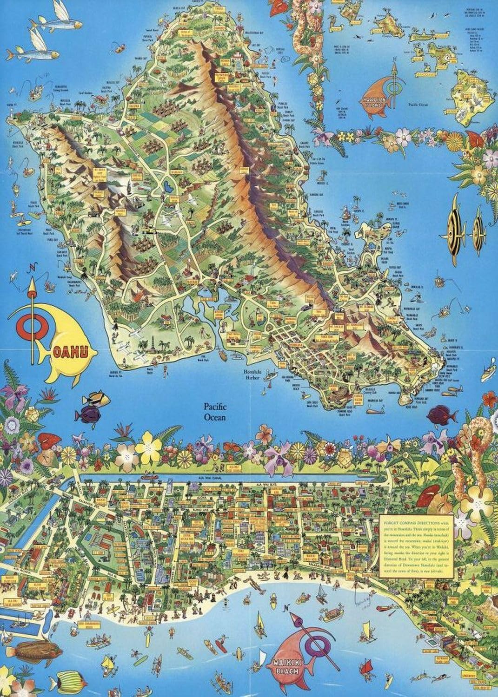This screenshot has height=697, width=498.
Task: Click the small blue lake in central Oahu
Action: click(x=167, y=187)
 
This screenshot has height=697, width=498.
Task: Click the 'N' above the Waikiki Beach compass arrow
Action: click(x=288, y=608)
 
